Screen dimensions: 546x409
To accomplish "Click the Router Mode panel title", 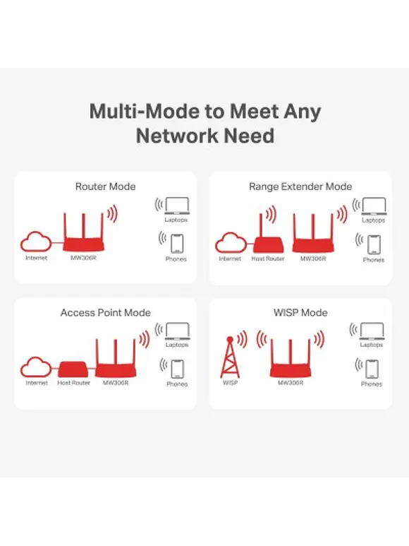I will [105, 186].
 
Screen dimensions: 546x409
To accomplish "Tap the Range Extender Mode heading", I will [300, 186].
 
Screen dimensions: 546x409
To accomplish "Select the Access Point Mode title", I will [105, 312].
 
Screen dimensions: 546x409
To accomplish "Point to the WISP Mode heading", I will [300, 312].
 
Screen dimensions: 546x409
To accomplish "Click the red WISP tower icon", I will [230, 357].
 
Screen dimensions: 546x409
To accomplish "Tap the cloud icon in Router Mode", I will [35, 242].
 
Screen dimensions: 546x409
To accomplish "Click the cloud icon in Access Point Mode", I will [35, 367].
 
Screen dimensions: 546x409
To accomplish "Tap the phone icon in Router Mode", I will [176, 243].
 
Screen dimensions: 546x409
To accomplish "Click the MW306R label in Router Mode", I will [83, 259].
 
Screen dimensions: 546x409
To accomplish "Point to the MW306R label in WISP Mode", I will [290, 383].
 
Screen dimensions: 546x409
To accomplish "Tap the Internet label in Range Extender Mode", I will [230, 259].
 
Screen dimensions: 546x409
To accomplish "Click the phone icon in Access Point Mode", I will [176, 369].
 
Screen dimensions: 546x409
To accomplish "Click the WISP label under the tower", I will [230, 383].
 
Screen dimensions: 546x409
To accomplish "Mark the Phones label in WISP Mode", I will [372, 384].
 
